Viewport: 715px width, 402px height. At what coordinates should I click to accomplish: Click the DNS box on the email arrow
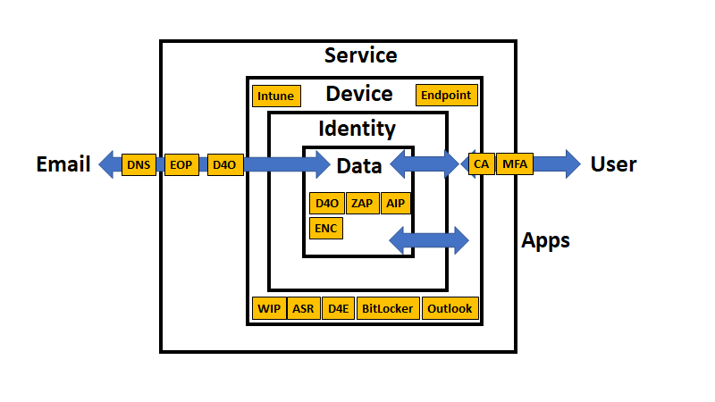(139, 164)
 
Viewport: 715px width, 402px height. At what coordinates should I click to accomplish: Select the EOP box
(181, 164)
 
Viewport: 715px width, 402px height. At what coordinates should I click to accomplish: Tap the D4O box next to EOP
(224, 164)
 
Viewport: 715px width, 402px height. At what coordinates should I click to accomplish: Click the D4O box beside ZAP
(326, 203)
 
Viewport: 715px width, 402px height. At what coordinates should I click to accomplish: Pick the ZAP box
(363, 203)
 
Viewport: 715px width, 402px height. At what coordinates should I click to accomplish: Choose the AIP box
(396, 203)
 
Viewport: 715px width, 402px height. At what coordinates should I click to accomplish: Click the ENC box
(326, 229)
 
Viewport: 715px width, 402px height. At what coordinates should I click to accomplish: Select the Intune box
(275, 96)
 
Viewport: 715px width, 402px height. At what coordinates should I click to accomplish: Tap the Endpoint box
(446, 95)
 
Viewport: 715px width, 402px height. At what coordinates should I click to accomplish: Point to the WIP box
(270, 309)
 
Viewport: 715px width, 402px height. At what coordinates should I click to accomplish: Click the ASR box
(304, 309)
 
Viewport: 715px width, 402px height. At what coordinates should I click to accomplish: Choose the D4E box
(338, 309)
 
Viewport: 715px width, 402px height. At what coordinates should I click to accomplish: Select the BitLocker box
(387, 309)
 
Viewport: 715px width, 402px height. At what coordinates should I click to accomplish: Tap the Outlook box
(450, 309)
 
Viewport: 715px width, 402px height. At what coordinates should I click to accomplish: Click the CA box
(481, 164)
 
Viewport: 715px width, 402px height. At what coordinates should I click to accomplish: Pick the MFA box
(514, 164)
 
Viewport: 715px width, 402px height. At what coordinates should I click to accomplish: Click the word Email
(63, 164)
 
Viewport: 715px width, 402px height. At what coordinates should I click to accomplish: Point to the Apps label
(545, 240)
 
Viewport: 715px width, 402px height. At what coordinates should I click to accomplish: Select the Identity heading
(357, 129)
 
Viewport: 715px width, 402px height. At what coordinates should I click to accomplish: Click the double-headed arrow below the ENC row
(429, 239)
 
